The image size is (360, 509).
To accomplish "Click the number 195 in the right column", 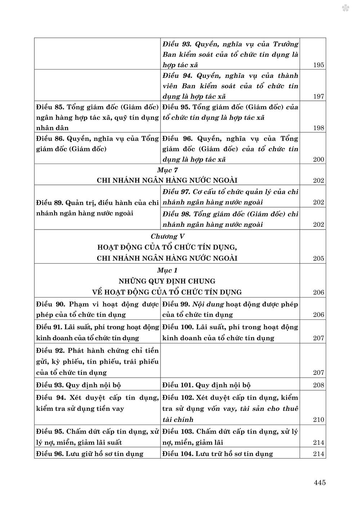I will pyautogui.click(x=319, y=65).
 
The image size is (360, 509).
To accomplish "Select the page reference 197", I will pyautogui.click(x=319, y=96).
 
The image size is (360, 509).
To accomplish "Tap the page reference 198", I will pyautogui.click(x=319, y=128).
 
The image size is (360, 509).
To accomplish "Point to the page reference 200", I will pyautogui.click(x=319, y=159).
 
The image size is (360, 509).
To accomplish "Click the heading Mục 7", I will pyautogui.click(x=167, y=170).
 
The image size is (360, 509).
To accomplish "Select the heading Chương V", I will pyautogui.click(x=167, y=236).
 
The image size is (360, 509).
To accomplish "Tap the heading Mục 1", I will pyautogui.click(x=167, y=270).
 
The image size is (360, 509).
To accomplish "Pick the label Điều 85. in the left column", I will pyautogui.click(x=50, y=107).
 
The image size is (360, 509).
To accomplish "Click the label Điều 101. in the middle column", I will pyautogui.click(x=177, y=385).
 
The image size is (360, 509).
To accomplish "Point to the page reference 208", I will pyautogui.click(x=319, y=385).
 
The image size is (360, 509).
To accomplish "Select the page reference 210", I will pyautogui.click(x=319, y=419).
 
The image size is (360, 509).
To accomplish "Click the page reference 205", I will pyautogui.click(x=319, y=258).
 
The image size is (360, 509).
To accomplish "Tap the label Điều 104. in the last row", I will pyautogui.click(x=177, y=454).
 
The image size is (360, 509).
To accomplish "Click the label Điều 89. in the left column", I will pyautogui.click(x=50, y=203).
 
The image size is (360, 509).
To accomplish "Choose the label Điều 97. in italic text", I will pyautogui.click(x=176, y=192).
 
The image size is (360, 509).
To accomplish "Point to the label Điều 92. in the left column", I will pyautogui.click(x=50, y=350).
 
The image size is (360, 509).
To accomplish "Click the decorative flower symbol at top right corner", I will pyautogui.click(x=346, y=8).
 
